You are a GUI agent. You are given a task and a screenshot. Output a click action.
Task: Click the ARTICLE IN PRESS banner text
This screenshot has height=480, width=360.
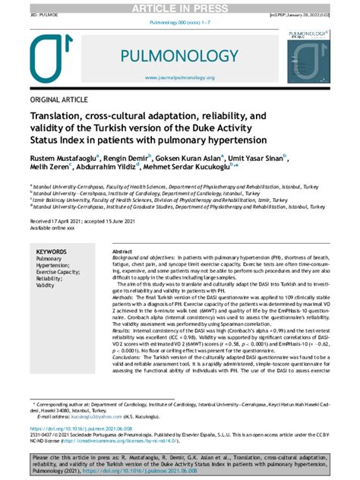pos(179,8)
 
